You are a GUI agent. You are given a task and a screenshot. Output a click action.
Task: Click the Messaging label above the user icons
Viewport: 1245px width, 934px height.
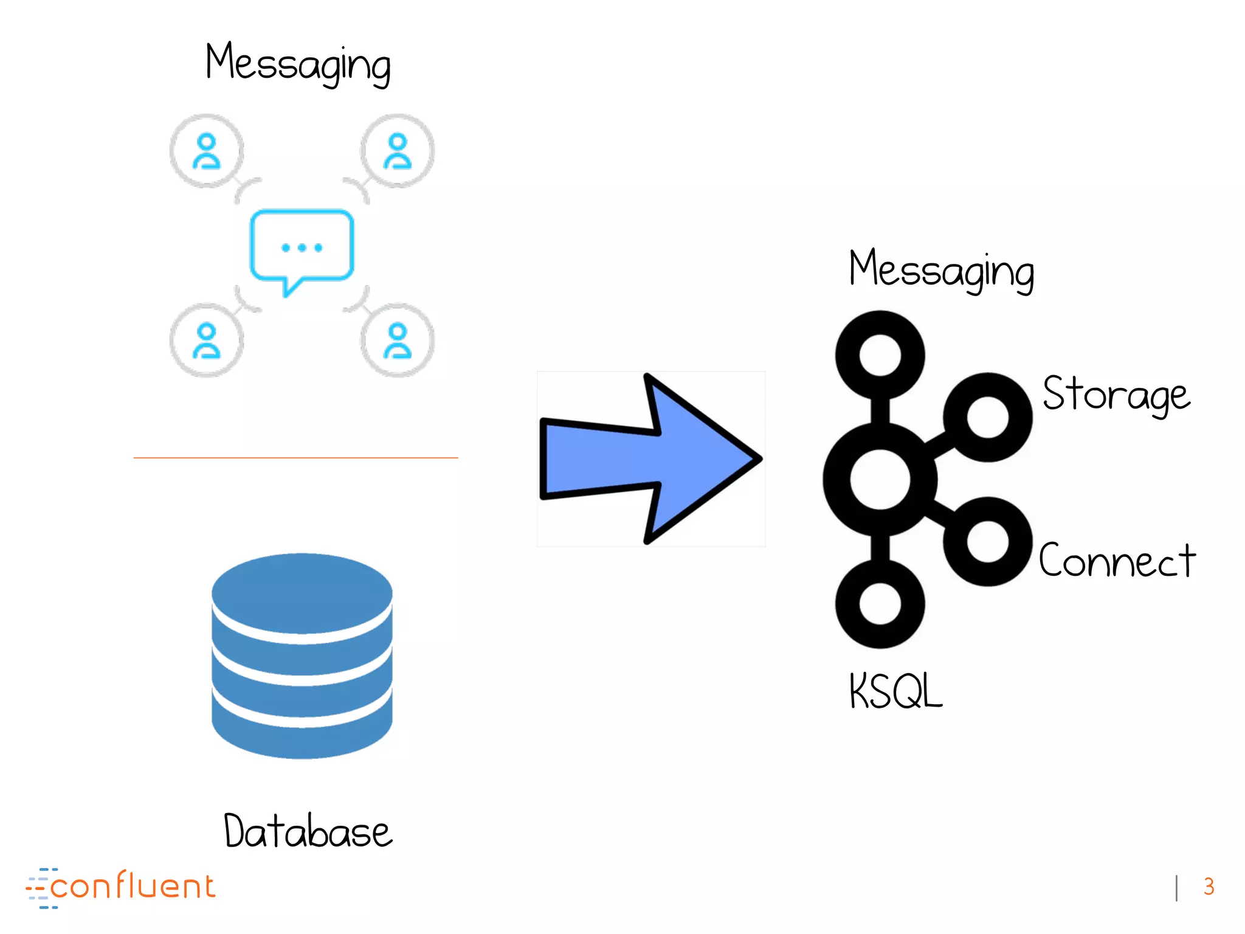tap(298, 64)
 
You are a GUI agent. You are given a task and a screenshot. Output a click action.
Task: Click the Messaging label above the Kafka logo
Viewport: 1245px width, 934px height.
tap(941, 270)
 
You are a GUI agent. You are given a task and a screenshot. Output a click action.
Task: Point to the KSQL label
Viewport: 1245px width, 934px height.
tap(895, 691)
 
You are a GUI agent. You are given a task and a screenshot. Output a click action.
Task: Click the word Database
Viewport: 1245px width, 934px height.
tap(308, 831)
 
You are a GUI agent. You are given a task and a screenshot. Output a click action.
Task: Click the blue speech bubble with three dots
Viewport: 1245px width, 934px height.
tap(302, 246)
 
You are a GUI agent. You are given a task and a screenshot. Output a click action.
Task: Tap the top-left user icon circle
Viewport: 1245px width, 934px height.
tap(207, 151)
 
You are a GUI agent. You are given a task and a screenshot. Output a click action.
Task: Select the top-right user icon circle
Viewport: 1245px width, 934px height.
tap(398, 151)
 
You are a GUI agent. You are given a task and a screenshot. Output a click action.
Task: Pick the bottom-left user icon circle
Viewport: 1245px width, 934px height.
tap(207, 341)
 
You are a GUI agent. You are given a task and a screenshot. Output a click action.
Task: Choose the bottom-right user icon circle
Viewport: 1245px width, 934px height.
tap(398, 341)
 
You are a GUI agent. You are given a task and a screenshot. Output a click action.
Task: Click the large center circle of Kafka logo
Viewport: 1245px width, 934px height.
tap(880, 479)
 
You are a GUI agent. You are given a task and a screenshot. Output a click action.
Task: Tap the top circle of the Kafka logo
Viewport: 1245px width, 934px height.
tap(880, 355)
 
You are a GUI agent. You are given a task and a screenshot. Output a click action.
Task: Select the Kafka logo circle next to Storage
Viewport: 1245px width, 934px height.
tap(988, 417)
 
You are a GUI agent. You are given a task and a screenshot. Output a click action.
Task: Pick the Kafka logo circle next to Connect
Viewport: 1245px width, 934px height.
tap(988, 541)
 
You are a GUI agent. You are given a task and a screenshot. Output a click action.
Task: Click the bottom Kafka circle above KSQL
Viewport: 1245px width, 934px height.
tap(880, 604)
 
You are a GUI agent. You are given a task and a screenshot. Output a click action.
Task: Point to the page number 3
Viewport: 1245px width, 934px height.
tap(1209, 887)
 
